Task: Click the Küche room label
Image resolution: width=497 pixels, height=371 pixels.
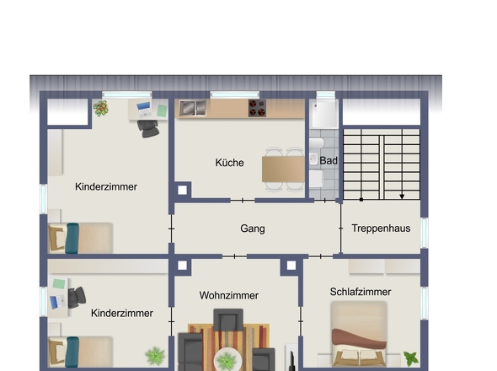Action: click(229, 163)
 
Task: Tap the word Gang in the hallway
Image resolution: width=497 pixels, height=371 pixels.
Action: click(252, 229)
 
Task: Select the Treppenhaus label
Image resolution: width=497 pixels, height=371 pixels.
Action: click(380, 229)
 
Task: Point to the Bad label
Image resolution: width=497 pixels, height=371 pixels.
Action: click(329, 160)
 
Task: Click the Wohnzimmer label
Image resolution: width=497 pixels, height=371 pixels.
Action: click(229, 295)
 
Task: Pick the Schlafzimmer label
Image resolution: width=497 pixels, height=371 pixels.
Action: click(361, 292)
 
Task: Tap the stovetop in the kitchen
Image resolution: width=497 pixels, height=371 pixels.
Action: click(257, 108)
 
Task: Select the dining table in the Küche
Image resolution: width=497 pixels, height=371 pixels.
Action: click(283, 168)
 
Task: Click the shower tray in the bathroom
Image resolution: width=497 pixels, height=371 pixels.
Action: click(323, 114)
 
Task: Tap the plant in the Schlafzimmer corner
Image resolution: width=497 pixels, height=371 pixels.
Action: click(410, 358)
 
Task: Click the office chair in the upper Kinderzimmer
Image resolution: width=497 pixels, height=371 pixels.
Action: click(148, 126)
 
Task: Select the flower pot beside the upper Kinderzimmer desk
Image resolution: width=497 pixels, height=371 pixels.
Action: click(101, 108)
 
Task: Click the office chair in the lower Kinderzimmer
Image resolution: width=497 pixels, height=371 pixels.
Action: click(77, 297)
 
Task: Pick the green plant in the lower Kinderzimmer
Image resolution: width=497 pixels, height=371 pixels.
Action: click(154, 355)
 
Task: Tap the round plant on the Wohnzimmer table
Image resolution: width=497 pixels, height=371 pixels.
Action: click(227, 360)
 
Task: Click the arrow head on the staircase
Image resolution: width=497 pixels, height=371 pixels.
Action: click(402, 196)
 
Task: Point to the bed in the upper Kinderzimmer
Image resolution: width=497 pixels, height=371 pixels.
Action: click(81, 237)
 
